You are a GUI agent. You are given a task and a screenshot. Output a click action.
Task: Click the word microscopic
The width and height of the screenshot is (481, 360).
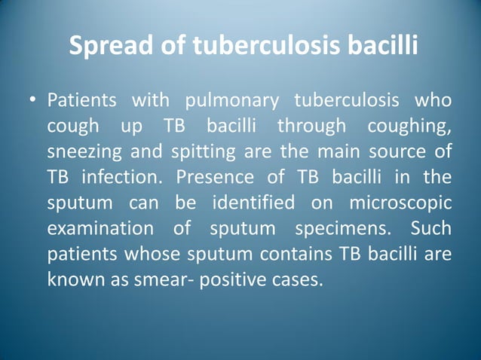400,203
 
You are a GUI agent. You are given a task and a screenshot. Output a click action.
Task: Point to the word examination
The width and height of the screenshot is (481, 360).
95,228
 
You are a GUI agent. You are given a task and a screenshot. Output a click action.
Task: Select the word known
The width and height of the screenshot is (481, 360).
72,279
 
